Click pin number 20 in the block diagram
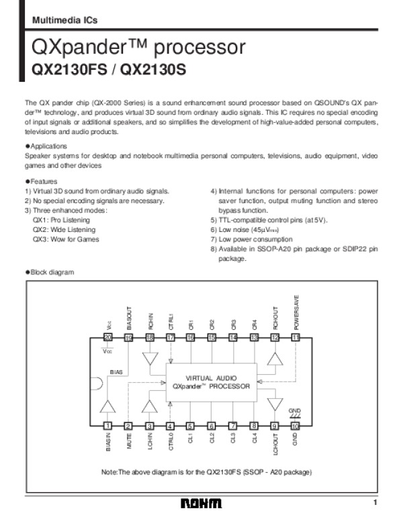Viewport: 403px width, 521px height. [107, 338]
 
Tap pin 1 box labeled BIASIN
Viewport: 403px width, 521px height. [107, 425]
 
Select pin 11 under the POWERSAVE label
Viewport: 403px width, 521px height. [295, 338]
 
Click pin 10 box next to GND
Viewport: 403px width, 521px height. [295, 425]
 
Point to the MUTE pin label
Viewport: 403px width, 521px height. [128, 441]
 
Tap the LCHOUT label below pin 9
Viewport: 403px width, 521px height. [274, 444]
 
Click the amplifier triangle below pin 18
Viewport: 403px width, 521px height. [149, 359]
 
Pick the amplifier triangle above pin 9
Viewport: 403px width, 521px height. [274, 404]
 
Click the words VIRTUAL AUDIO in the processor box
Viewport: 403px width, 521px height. [211, 378]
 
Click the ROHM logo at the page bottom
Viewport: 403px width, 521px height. [201, 504]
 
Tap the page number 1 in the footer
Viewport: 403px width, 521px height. [376, 503]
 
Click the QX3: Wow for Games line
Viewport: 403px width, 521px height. [66, 239]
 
